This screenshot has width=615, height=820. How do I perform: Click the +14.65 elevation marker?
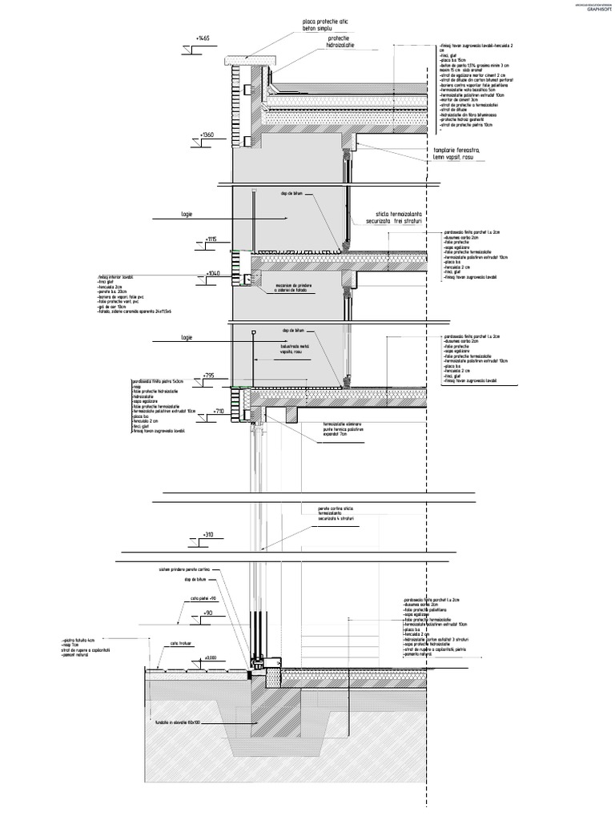click(202, 38)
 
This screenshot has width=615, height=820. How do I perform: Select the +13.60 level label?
click(207, 135)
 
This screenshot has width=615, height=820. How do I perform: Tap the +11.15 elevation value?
click(211, 239)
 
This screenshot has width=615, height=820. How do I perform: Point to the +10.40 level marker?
click(213, 273)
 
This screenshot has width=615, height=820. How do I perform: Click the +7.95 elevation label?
click(209, 375)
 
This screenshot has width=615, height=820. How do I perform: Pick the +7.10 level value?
click(211, 410)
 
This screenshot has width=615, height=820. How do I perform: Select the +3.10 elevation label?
click(208, 534)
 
